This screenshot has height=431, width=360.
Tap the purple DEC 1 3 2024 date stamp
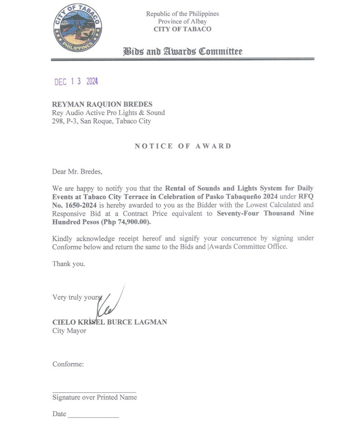pyautogui.click(x=76, y=82)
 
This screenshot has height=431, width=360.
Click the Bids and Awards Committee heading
pyautogui.click(x=183, y=52)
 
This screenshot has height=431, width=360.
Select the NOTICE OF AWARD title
pyautogui.click(x=183, y=146)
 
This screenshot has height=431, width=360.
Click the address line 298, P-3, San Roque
pyautogui.click(x=102, y=121)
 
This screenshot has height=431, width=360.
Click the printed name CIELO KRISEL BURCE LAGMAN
pyautogui.click(x=110, y=322)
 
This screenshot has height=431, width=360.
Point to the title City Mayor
pyautogui.click(x=69, y=330)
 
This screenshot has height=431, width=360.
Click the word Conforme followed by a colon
pyautogui.click(x=68, y=364)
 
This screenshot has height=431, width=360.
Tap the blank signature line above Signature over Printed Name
pyautogui.click(x=94, y=391)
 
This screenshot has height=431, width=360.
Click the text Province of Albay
pyautogui.click(x=182, y=21)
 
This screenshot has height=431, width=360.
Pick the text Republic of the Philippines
pyautogui.click(x=182, y=14)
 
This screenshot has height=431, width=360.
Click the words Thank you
pyautogui.click(x=68, y=263)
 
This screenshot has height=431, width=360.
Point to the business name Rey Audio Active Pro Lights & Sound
pyautogui.click(x=108, y=112)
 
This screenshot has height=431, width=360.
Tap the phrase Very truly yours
pyautogui.click(x=76, y=297)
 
